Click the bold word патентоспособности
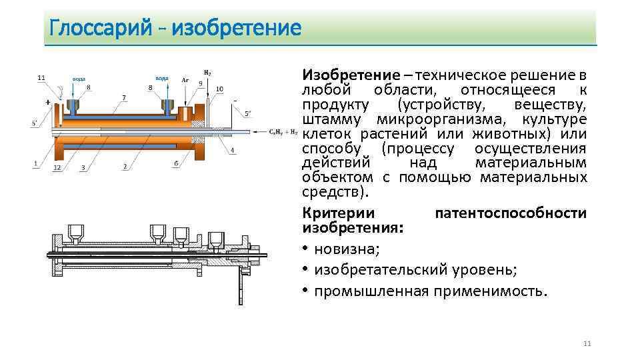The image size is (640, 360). point(511,213)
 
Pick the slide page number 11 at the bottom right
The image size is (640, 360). point(587,343)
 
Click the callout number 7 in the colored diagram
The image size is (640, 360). point(124,97)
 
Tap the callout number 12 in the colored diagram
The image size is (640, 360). point(57,167)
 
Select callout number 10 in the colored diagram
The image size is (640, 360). point(219,89)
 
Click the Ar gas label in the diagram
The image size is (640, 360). point(185,79)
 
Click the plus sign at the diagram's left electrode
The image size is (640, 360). point(48,103)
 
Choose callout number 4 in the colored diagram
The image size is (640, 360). point(232,150)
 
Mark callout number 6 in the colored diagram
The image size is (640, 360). point(176,164)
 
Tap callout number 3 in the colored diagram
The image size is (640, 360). point(83,167)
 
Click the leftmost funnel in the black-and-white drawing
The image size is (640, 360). point(73,233)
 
